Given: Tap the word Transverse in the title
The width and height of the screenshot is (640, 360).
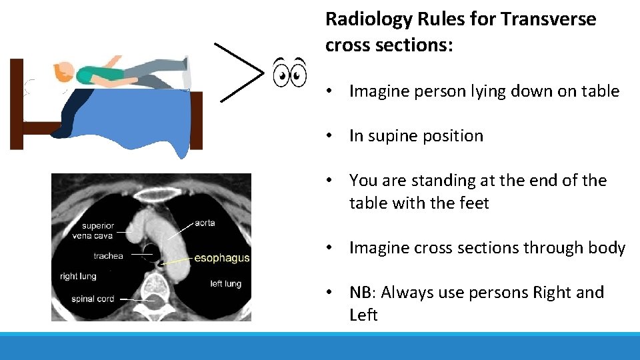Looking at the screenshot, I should point(548,19).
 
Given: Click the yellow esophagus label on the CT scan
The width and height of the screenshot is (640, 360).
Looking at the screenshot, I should point(221,258).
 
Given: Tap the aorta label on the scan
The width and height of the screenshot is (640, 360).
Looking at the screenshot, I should point(205,223).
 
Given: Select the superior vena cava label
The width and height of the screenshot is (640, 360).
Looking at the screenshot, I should point(98,231).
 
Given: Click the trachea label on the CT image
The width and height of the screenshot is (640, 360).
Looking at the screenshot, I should point(108,255).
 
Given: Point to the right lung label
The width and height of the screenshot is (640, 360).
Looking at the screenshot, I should point(78,276).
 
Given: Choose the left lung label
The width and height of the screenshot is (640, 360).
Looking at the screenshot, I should point(225,284).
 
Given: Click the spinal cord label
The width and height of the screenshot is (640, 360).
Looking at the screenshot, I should point(92,299).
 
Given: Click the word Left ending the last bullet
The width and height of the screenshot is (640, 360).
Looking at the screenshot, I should point(363,315).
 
